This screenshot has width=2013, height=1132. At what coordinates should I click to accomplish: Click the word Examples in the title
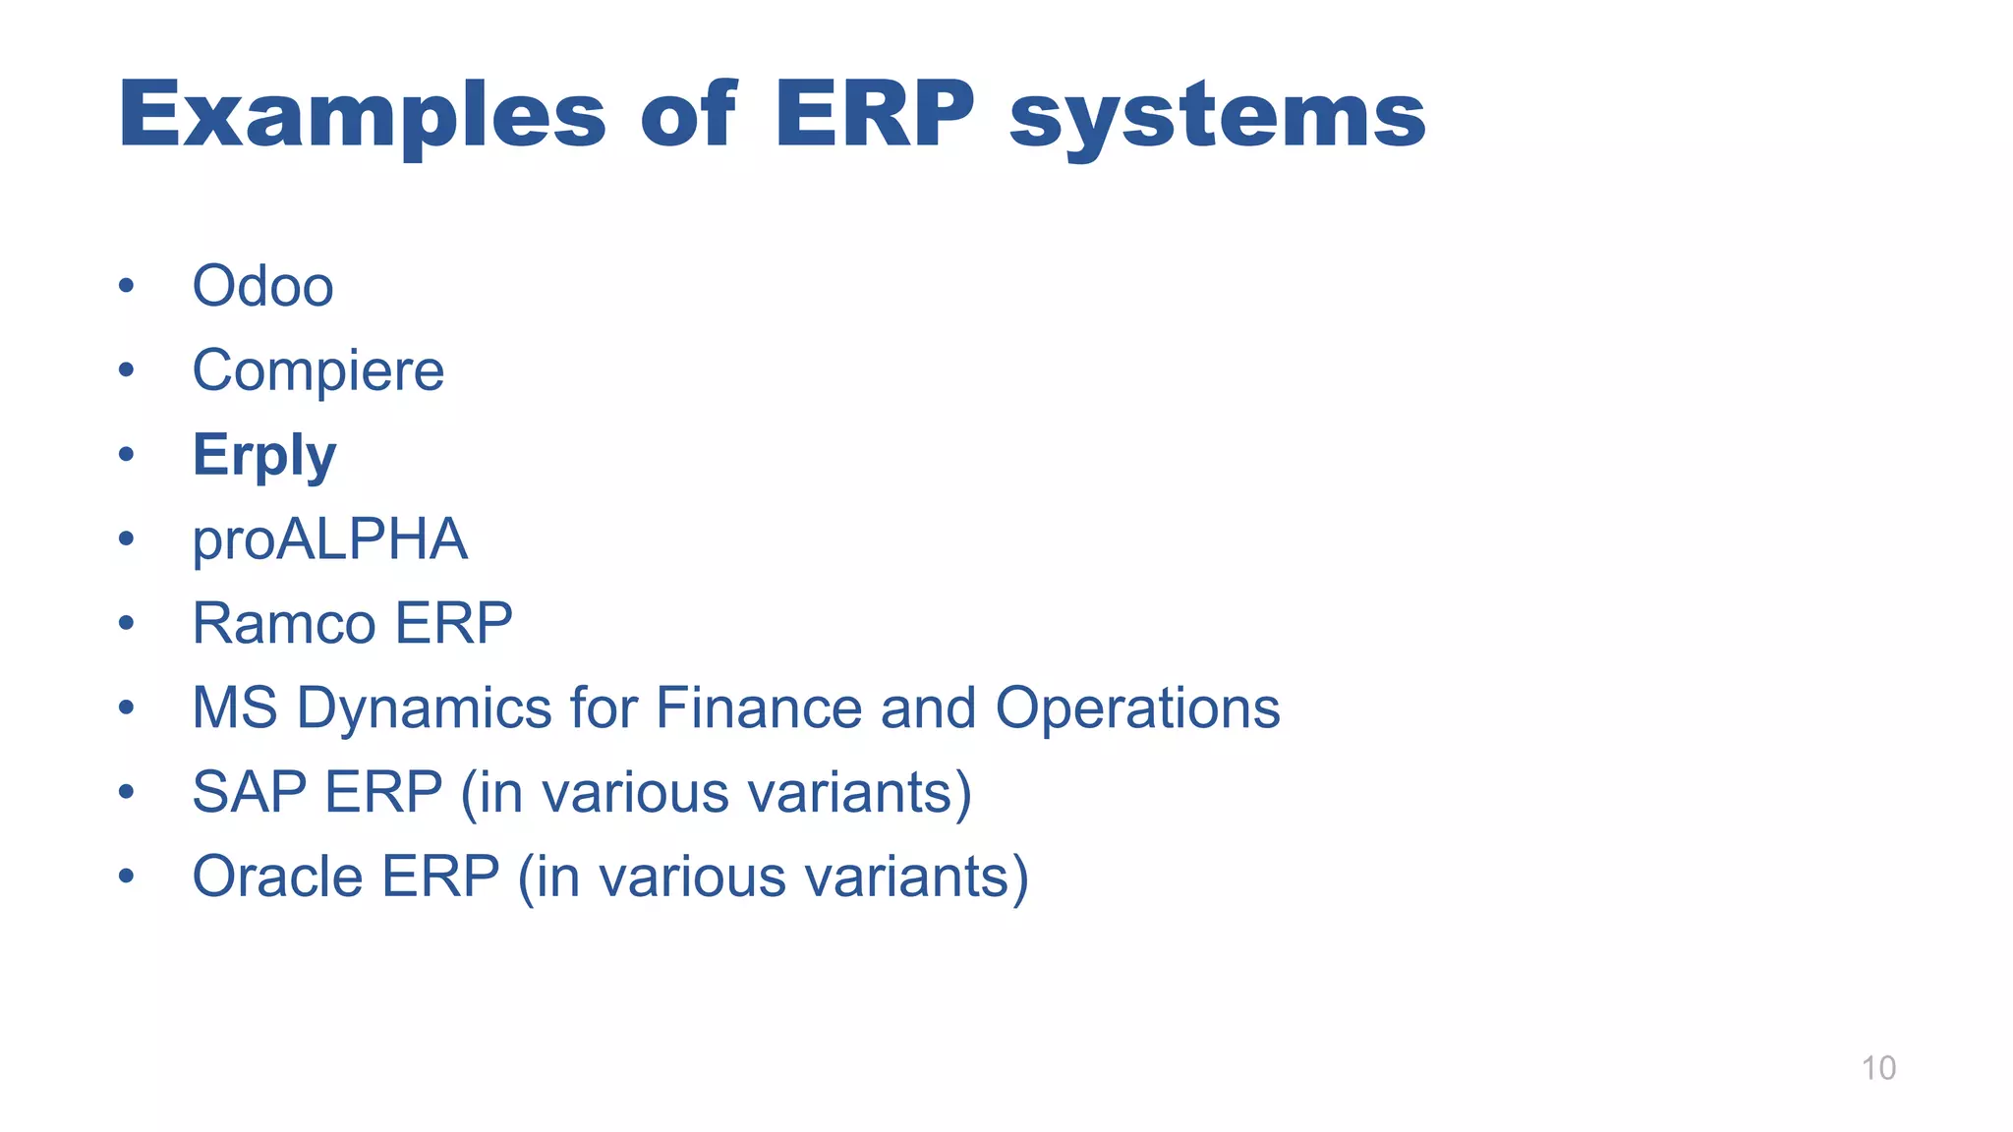[362, 116]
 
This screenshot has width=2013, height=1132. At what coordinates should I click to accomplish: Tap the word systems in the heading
[1217, 116]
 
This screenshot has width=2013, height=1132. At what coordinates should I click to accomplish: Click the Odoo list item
[262, 287]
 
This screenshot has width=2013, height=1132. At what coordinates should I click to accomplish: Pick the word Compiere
[317, 371]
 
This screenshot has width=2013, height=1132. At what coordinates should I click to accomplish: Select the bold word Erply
[263, 456]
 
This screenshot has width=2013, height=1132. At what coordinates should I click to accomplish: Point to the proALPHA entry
[329, 539]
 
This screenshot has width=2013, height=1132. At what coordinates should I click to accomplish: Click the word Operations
[1137, 708]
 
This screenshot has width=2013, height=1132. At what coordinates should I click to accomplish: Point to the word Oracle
[277, 877]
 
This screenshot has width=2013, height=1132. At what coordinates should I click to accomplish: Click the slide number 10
[1878, 1068]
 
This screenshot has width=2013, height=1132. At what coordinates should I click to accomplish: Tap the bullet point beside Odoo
[126, 287]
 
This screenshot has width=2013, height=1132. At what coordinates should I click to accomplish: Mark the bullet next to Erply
[126, 455]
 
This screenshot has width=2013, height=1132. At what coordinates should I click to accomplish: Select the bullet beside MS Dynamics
[126, 707]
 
